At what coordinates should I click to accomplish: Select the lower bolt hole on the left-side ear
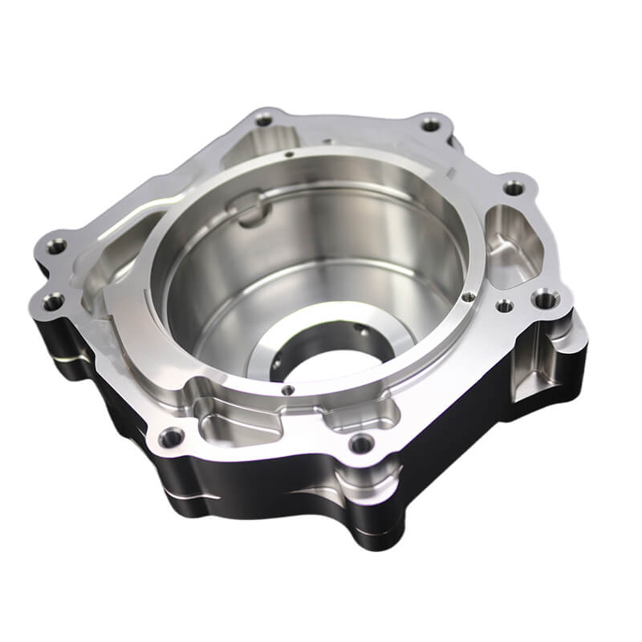pyautogui.click(x=53, y=303)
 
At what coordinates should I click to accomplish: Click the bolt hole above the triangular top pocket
pyautogui.click(x=264, y=120)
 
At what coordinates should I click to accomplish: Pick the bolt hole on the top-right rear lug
pyautogui.click(x=431, y=124)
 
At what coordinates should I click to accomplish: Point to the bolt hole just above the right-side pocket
pyautogui.click(x=514, y=189)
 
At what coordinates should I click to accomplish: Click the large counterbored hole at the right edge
pyautogui.click(x=545, y=300)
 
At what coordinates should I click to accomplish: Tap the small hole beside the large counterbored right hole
pyautogui.click(x=504, y=306)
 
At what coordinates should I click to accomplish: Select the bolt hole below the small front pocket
pyautogui.click(x=362, y=441)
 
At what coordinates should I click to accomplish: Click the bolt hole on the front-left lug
pyautogui.click(x=171, y=438)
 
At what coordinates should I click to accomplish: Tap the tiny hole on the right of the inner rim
pyautogui.click(x=466, y=296)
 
